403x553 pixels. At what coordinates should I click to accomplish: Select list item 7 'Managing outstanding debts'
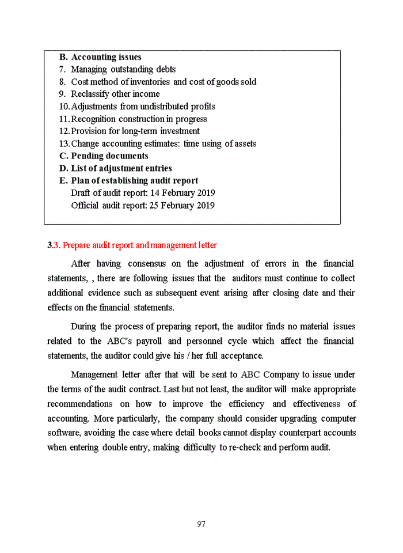coord(123,70)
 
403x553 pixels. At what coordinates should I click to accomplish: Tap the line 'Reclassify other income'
coord(115,94)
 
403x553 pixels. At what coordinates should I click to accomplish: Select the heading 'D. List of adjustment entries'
coord(115,168)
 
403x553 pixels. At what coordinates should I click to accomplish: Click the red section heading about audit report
coord(132,245)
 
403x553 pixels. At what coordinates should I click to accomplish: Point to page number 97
coord(201,524)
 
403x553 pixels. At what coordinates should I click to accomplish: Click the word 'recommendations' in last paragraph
coord(80,404)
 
